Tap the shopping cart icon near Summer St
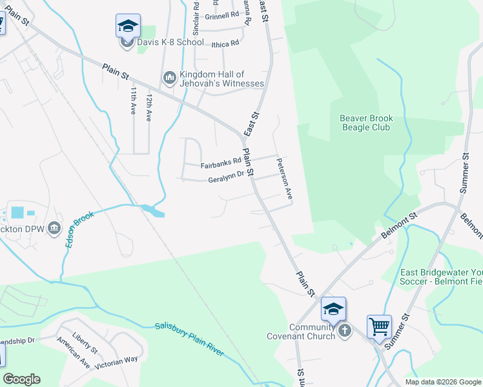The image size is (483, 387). [379, 326]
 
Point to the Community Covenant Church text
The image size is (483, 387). [302, 332]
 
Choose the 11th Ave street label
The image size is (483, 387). [134, 101]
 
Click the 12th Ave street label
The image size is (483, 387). [149, 104]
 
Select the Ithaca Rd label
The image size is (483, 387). [225, 43]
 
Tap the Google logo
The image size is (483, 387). [21, 379]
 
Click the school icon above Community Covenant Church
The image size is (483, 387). [333, 309]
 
